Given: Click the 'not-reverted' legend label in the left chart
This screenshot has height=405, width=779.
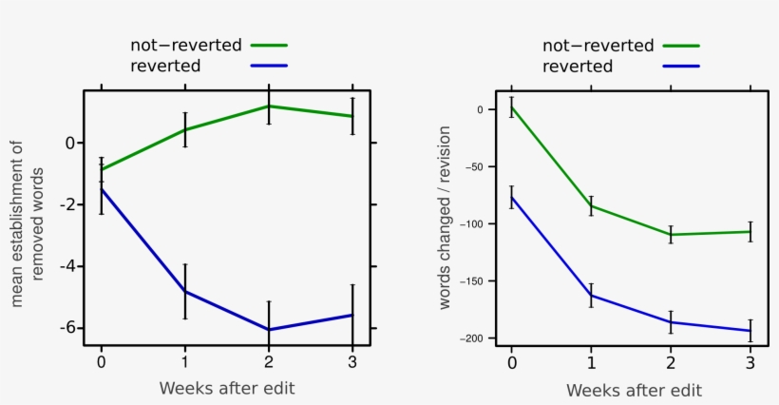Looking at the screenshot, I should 186,45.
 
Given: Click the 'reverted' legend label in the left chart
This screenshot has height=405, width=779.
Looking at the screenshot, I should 165,66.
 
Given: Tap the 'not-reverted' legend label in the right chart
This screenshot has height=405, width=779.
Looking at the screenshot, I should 598,46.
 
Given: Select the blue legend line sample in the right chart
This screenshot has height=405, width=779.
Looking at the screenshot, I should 681,67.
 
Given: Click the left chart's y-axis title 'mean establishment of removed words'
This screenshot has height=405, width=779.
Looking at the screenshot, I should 28,223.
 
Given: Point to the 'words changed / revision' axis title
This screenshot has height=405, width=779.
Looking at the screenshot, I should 445,227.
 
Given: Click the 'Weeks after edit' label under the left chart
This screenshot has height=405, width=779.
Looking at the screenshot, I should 227,387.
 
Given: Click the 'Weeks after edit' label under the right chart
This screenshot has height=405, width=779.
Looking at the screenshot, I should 634,390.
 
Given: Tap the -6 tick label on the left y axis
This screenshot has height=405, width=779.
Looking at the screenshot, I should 67,328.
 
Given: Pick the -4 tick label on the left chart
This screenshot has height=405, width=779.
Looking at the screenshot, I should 67,266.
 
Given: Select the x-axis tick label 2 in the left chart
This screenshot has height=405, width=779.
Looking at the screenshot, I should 269,361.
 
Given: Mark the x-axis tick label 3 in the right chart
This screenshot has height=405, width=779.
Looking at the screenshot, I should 750,361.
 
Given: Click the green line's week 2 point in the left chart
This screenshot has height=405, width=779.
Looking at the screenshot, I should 269,106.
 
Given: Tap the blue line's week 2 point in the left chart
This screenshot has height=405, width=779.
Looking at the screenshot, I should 269,329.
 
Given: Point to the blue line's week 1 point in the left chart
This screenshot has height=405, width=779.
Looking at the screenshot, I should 185,291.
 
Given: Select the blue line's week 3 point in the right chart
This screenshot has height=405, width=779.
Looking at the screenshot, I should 750,331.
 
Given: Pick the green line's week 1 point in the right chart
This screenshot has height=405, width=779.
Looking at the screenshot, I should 591,205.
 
